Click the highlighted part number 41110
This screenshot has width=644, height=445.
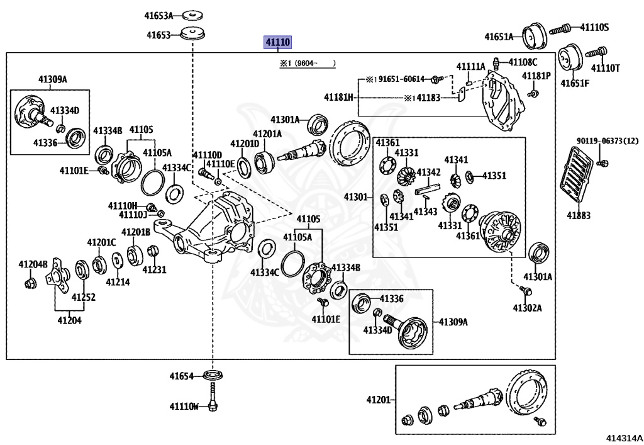(277, 42)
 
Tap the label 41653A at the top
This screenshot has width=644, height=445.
(158, 16)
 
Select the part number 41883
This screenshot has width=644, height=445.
(579, 215)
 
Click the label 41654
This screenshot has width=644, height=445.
(181, 376)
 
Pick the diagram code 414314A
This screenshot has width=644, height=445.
(625, 439)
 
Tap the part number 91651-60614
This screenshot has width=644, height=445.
(401, 79)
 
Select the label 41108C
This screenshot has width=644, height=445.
(523, 62)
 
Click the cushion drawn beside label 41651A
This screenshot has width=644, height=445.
(535, 36)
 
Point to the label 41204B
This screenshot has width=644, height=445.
(33, 264)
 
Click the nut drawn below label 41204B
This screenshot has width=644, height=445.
(30, 283)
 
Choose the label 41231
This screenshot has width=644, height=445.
(154, 269)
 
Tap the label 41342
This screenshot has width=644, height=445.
(428, 172)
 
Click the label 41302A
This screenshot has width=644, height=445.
(527, 308)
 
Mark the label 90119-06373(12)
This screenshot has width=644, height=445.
(608, 141)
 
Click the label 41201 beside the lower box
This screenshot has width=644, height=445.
(378, 400)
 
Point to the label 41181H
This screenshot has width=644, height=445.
(338, 98)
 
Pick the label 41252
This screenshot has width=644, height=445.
(84, 297)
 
